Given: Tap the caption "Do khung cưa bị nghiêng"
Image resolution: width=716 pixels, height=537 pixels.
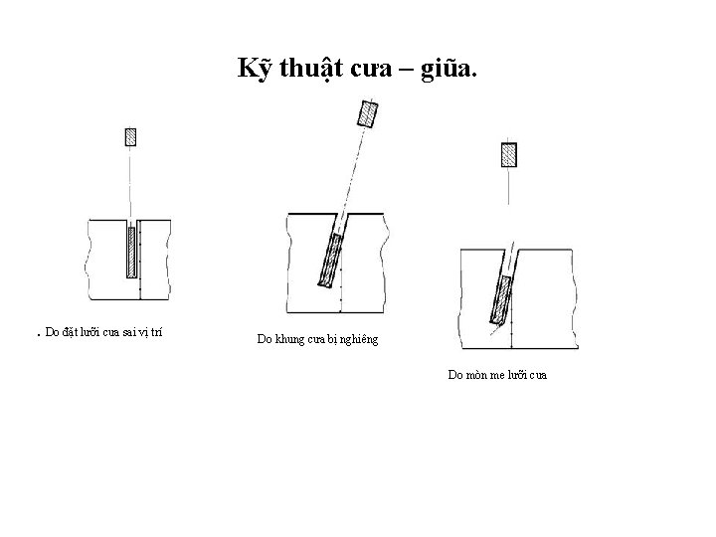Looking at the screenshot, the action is pos(317,340).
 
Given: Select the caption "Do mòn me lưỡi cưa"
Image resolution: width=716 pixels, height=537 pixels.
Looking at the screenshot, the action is pos(497,375).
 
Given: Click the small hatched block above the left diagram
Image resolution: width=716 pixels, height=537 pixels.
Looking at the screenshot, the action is pos(129,135).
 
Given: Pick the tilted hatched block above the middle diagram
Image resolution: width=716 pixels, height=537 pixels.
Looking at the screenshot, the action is pos(368,113).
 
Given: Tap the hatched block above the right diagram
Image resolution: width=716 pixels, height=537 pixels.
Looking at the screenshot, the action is pos(508,154).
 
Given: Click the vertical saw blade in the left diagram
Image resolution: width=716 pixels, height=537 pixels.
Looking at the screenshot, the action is pos(131,253).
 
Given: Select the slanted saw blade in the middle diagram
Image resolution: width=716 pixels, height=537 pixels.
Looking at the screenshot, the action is pos(328,261).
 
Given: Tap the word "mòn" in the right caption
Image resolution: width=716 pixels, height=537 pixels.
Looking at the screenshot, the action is pos(477,375).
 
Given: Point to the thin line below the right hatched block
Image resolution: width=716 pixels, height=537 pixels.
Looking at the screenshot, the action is pos(508,186).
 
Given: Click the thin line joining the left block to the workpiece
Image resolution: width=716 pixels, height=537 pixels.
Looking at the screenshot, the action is pos(129,179).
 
